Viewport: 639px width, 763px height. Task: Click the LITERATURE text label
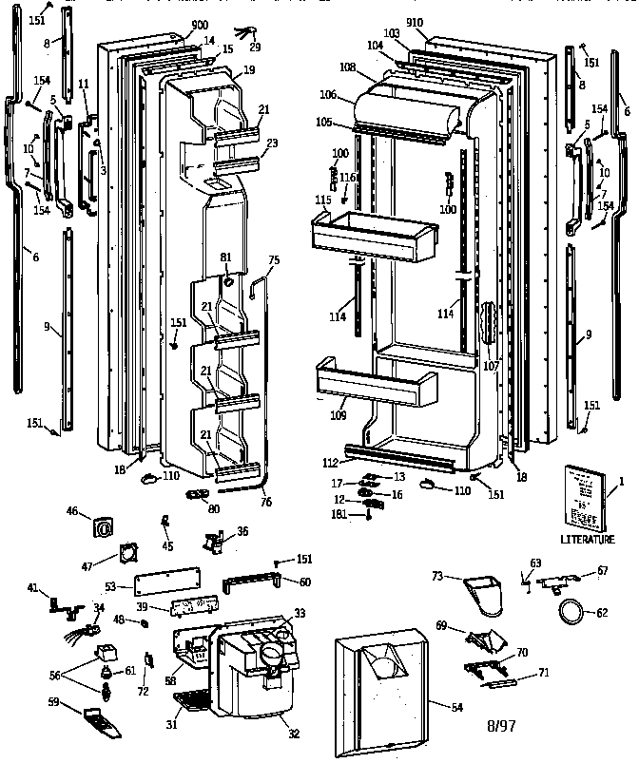(x=587, y=539)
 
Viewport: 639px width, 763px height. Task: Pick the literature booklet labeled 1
(x=582, y=496)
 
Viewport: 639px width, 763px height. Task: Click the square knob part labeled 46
(x=106, y=524)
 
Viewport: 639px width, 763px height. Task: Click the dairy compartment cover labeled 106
(x=409, y=110)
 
